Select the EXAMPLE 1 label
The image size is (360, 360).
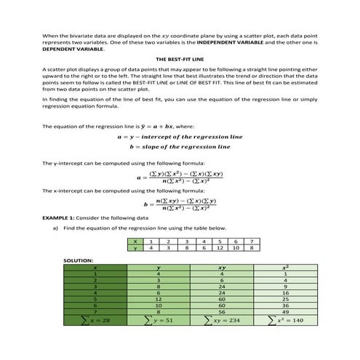tap(63, 217)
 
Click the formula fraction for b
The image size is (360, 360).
tap(186, 204)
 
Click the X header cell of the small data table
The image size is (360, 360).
tap(134, 241)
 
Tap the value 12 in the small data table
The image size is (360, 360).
tap(217, 248)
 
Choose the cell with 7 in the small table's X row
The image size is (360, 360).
tap(251, 241)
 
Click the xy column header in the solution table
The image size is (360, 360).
tap(221, 267)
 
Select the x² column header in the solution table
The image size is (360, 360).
tap(287, 267)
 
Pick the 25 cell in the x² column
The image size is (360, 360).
tap(287, 299)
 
